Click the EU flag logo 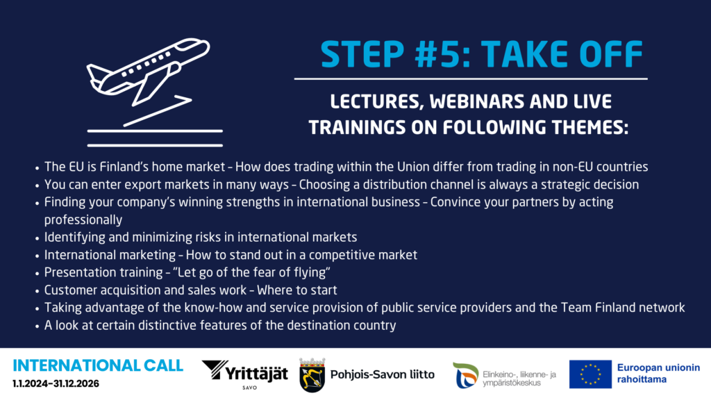[x=590, y=374]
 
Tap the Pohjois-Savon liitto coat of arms [x=312, y=375]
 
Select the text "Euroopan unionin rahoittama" [x=658, y=373]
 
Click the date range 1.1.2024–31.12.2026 [x=56, y=383]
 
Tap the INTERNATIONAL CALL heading [x=98, y=365]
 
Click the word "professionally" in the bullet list [x=83, y=220]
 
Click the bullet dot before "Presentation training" [x=37, y=274]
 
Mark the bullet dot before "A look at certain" [x=37, y=326]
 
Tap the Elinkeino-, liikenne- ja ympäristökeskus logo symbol [x=466, y=375]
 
